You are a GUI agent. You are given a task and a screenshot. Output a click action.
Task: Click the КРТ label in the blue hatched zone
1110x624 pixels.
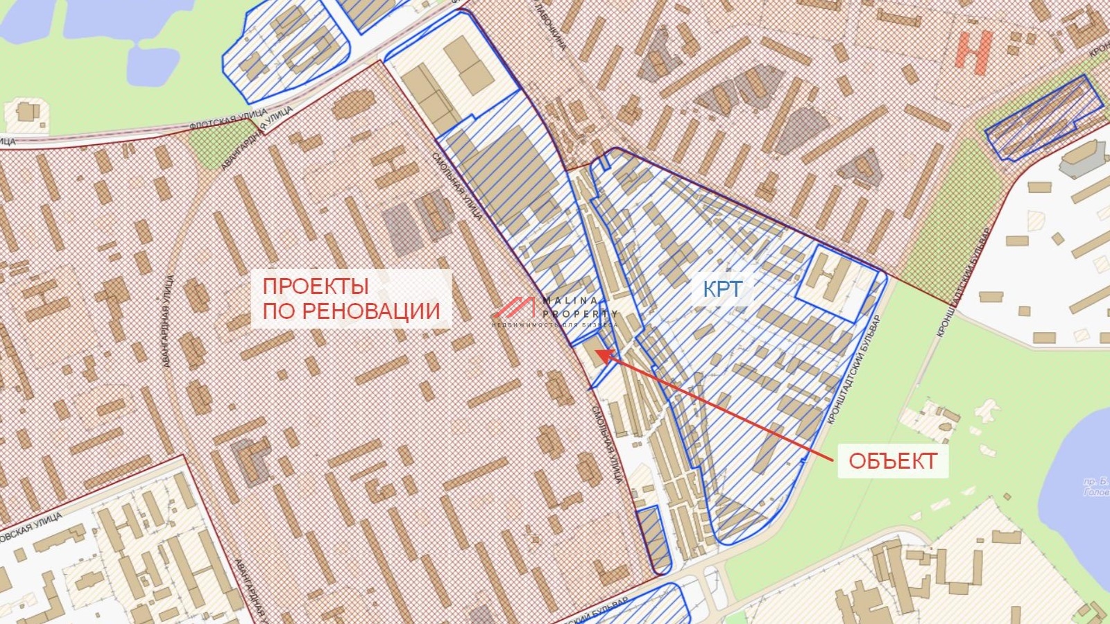pyautogui.click(x=722, y=289)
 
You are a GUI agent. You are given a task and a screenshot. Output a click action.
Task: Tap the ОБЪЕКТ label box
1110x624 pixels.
pyautogui.click(x=892, y=460)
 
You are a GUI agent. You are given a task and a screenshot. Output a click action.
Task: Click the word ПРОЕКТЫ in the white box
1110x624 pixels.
pyautogui.click(x=315, y=286)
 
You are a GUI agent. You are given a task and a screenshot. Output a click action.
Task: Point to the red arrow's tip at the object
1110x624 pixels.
pyautogui.click(x=598, y=353)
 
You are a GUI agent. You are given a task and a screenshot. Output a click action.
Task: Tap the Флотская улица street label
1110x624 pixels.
pyautogui.click(x=229, y=119)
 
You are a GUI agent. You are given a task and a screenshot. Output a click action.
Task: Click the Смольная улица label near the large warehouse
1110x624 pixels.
pyautogui.click(x=459, y=187)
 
